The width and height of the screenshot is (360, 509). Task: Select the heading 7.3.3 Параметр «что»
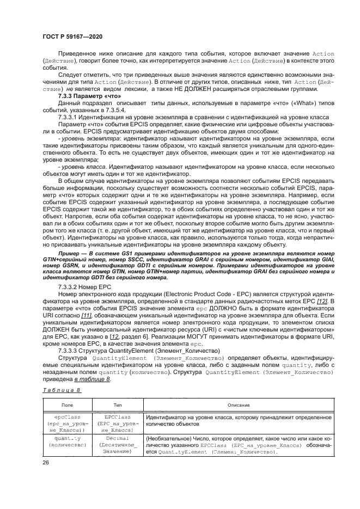[x=85, y=96]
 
